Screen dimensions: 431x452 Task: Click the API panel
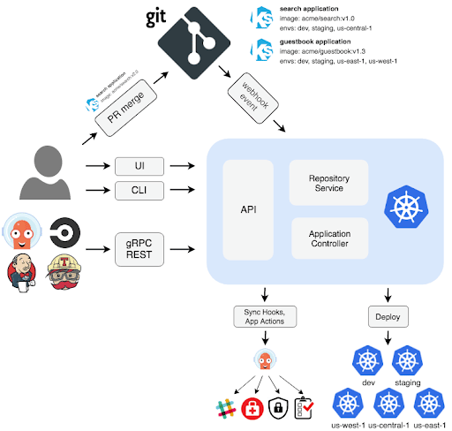(248, 211)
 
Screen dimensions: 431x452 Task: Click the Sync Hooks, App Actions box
(264, 315)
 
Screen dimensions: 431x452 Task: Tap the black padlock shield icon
(277, 408)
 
